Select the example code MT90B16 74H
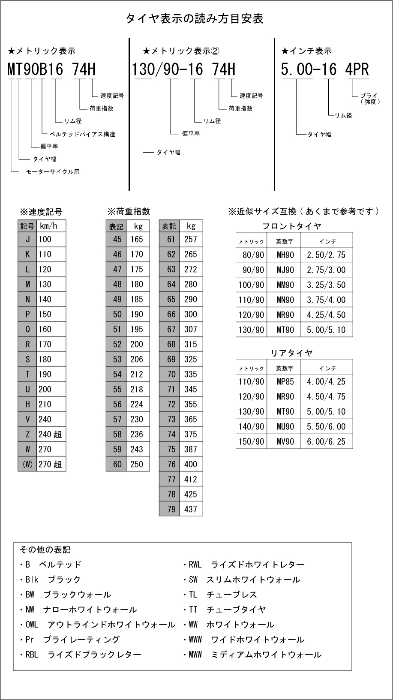51,69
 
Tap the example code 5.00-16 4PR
324,69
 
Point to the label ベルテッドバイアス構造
82,134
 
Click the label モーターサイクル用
53,171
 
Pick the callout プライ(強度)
370,99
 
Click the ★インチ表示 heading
306,51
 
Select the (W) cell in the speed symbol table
27,464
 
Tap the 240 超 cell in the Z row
51,434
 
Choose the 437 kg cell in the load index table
191,509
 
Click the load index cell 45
117,239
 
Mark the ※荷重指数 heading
129,211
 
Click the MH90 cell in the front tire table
285,255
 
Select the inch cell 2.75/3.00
326,270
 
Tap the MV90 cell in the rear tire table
285,442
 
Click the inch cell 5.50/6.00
326,427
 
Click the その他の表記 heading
45,550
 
